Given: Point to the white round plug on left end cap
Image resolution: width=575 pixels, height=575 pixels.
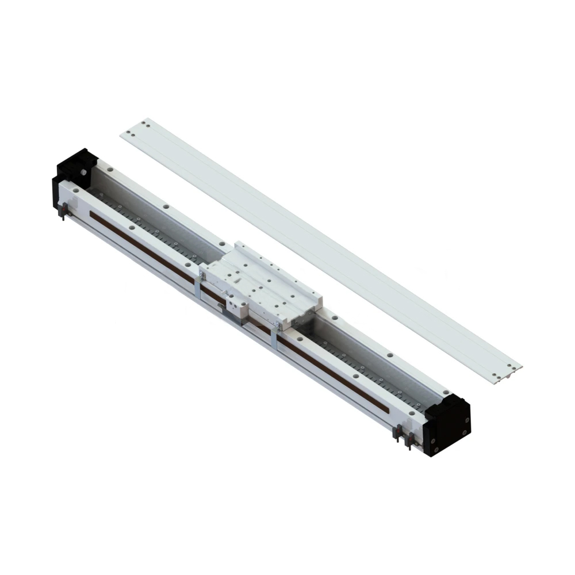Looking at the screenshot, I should (x=82, y=172).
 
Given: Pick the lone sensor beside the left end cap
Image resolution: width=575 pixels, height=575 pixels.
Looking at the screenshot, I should (x=63, y=211).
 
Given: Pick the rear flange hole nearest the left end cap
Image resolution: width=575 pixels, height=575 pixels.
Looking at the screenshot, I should (x=109, y=170).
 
